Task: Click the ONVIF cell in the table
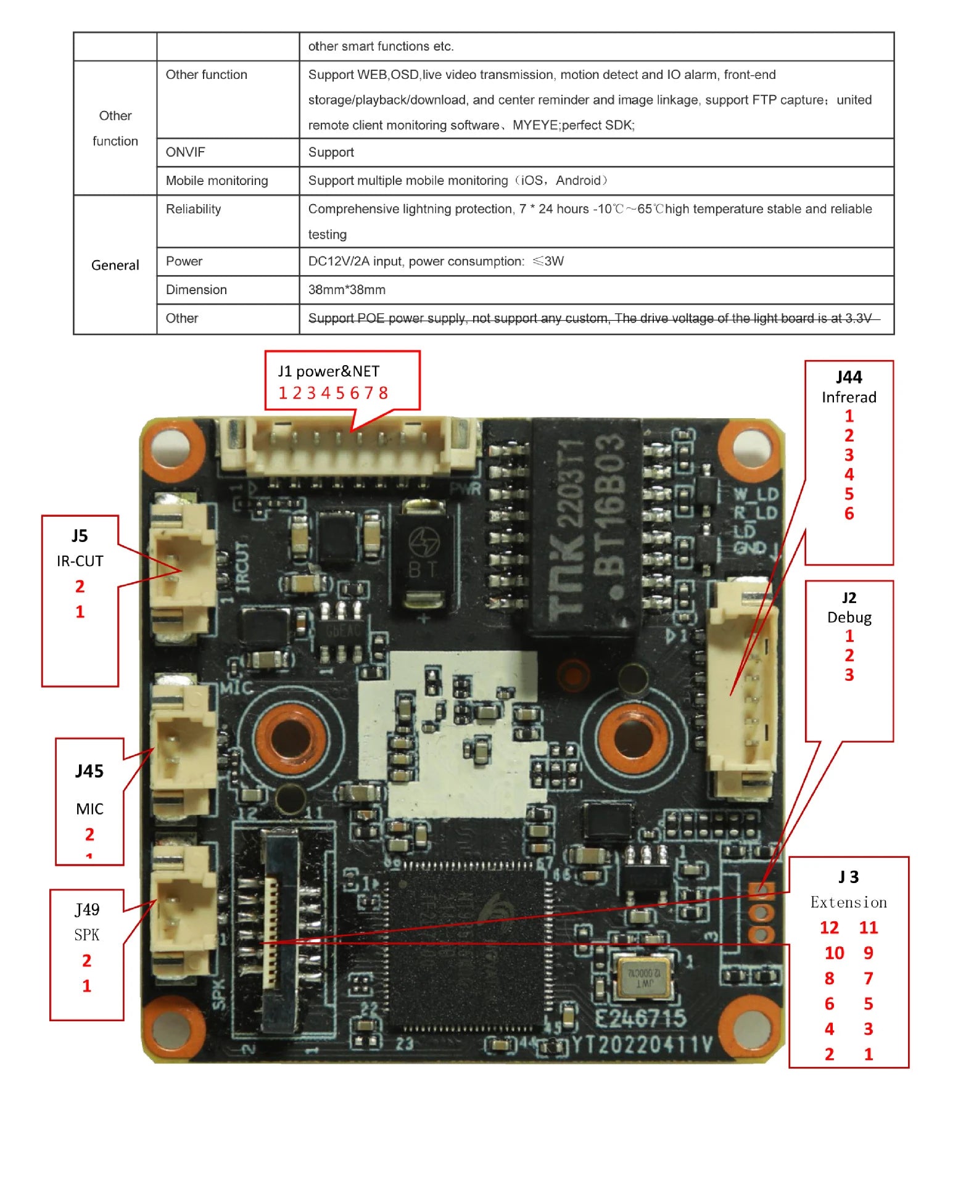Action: [x=185, y=152]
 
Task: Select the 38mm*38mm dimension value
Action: [x=347, y=290]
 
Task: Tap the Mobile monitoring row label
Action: [x=217, y=181]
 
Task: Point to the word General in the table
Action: [x=115, y=265]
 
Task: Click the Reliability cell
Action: [x=193, y=209]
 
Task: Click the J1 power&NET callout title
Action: [x=328, y=371]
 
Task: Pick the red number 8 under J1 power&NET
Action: [x=383, y=393]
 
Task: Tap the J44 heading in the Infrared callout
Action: [x=849, y=377]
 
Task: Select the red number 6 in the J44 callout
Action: [x=849, y=514]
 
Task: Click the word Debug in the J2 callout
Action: [x=849, y=617]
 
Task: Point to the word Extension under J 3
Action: [x=848, y=902]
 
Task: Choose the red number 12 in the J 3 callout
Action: [x=829, y=928]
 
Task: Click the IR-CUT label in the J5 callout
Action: [x=80, y=561]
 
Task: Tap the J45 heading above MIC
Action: [x=89, y=771]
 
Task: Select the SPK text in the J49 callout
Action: [x=86, y=935]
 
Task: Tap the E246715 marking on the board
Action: [x=640, y=1017]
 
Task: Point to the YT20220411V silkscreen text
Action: [x=642, y=1044]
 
